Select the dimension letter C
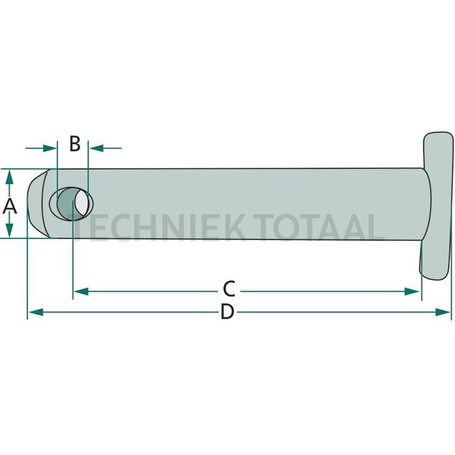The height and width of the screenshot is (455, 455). click(228, 288)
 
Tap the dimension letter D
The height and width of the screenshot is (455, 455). click(226, 312)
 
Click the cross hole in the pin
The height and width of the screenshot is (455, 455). click(72, 203)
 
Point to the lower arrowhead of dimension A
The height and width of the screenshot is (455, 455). click(9, 232)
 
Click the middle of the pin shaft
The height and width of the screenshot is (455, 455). click(245, 204)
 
